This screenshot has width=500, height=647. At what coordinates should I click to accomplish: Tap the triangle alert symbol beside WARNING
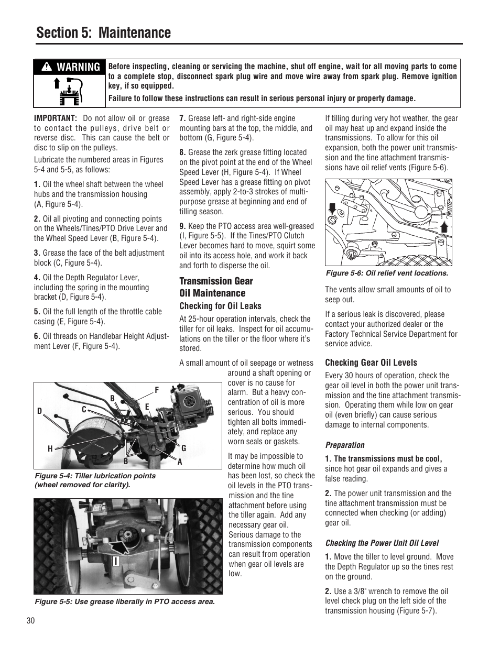[x=47, y=67]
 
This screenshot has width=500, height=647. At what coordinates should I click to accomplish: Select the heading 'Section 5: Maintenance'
[x=104, y=32]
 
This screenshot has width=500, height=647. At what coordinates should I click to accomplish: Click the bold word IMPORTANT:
[x=56, y=118]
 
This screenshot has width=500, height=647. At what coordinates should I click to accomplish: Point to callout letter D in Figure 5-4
[x=39, y=411]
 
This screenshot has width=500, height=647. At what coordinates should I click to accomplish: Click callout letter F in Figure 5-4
[x=156, y=390]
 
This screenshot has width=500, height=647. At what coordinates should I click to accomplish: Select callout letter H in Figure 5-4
[x=50, y=449]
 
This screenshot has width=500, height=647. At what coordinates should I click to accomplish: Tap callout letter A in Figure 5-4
[x=180, y=462]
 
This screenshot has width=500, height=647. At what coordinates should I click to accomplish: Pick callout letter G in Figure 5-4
[x=184, y=448]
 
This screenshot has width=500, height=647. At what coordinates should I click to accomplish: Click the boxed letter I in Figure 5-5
[x=116, y=561]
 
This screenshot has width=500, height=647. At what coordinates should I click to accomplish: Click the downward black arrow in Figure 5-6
[x=331, y=210]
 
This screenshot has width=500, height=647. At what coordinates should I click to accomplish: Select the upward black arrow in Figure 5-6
[x=443, y=226]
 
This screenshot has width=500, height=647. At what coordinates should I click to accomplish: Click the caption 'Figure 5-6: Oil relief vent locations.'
[x=387, y=273]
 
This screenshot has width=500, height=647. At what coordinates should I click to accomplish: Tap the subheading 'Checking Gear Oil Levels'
[x=371, y=363]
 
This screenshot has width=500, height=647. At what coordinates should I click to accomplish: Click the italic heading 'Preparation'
[x=344, y=445]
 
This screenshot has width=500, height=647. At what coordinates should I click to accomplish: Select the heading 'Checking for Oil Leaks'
[x=220, y=306]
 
